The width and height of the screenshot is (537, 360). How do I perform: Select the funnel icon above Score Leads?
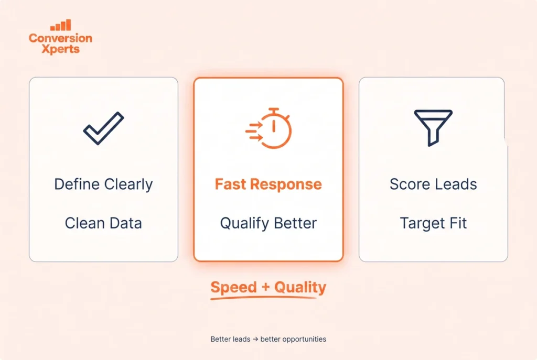[x=433, y=128]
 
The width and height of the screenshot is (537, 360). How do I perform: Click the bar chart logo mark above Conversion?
[x=61, y=25]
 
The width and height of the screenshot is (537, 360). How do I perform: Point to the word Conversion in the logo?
[x=61, y=38]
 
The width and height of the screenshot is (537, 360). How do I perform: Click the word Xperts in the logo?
[x=61, y=49]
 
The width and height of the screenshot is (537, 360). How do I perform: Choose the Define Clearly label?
[x=103, y=184]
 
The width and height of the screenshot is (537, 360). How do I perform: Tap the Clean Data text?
[x=103, y=223]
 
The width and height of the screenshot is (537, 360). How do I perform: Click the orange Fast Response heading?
[x=268, y=184]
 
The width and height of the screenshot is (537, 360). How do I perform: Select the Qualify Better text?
[x=268, y=223]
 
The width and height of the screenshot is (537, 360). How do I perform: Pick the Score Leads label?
[x=433, y=184]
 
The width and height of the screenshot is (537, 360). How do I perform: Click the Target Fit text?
[x=433, y=223]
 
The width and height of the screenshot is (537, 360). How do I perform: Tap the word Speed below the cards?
[x=233, y=287]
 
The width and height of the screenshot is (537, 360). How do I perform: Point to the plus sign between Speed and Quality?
[x=266, y=287]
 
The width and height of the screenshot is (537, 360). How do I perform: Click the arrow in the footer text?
[x=255, y=339]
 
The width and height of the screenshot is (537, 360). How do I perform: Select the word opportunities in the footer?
[x=305, y=340]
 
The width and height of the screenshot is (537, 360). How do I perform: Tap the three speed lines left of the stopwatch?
[x=254, y=131]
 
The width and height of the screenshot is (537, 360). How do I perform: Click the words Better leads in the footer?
[x=231, y=339]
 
